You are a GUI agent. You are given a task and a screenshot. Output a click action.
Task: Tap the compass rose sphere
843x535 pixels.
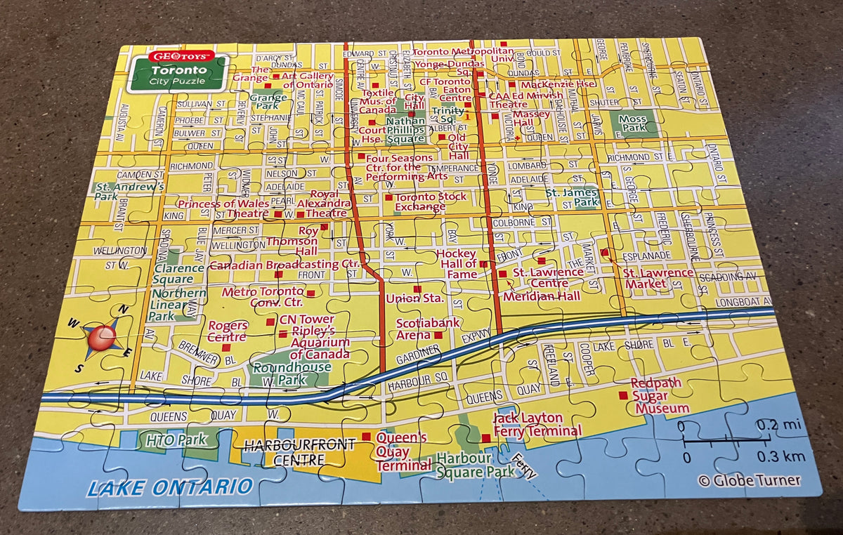point(102,336)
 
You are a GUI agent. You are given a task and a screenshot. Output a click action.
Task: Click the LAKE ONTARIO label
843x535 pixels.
point(169,487)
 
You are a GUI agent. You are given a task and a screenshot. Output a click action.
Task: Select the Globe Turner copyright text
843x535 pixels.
point(749,480)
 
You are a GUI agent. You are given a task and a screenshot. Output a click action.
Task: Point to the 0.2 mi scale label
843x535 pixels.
point(778,425)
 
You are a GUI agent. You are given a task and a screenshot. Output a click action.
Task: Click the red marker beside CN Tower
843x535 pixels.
point(270,322)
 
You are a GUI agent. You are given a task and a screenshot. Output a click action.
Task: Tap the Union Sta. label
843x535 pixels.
point(414,298)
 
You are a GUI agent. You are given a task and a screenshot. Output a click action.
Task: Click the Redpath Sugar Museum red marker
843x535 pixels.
point(622,395)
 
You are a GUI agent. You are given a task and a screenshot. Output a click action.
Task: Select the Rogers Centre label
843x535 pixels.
point(227,331)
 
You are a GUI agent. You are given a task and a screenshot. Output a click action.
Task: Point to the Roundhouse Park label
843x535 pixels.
point(291,373)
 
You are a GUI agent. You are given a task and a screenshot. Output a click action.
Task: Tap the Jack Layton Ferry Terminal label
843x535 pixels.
point(537,425)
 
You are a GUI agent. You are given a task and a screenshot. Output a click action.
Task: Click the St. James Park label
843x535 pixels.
point(572,197)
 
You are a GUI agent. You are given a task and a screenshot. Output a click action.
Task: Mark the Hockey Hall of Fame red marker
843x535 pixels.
point(483,265)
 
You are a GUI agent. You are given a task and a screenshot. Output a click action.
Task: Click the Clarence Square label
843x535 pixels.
point(179,274)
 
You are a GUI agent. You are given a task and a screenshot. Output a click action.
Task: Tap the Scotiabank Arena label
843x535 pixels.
point(428,329)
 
